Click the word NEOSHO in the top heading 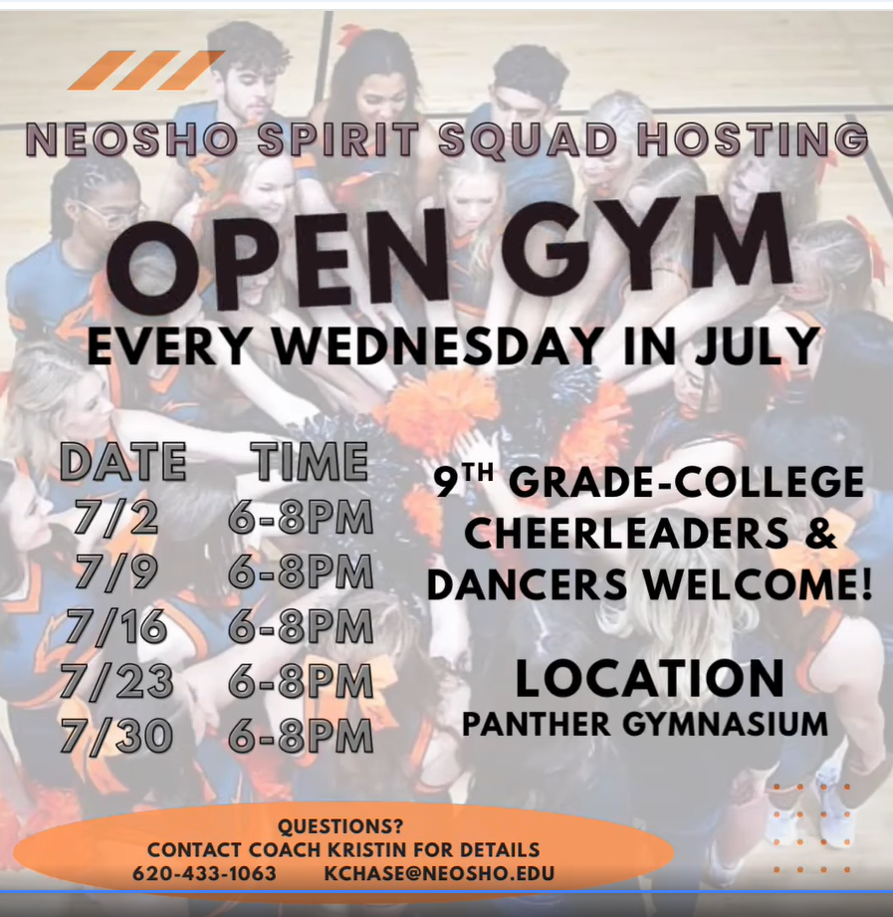(132, 140)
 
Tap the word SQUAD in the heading (528, 140)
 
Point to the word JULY (752, 346)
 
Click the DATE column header (123, 461)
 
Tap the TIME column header (310, 461)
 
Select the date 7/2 (116, 518)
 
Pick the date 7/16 (116, 626)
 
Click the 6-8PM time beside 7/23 (301, 681)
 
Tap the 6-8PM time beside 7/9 (301, 572)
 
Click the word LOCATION (650, 678)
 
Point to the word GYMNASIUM (725, 724)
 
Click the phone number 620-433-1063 (204, 873)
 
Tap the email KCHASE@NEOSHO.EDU (439, 873)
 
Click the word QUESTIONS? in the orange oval (340, 826)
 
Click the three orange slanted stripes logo (145, 70)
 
